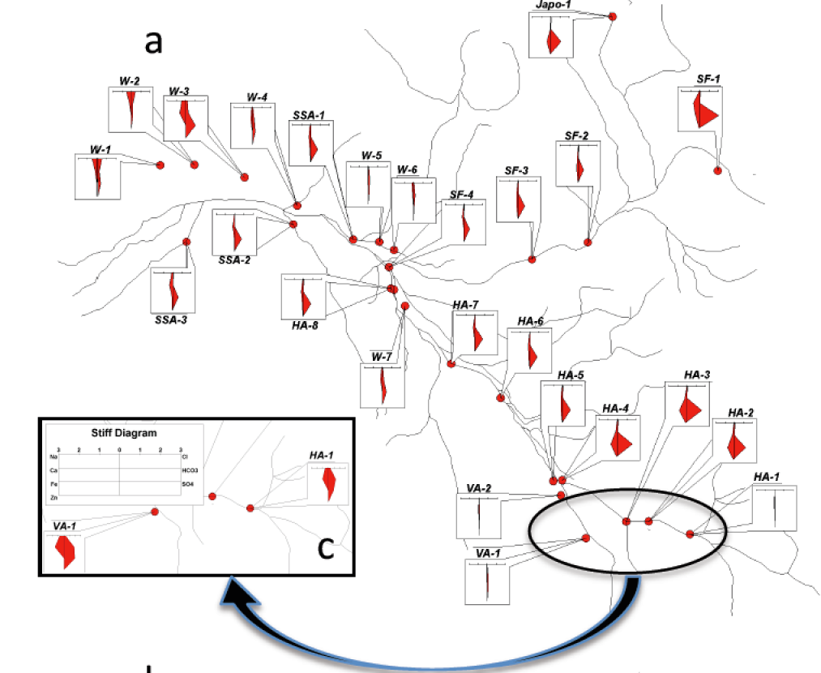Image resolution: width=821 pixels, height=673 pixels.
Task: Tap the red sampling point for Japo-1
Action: (x=613, y=16)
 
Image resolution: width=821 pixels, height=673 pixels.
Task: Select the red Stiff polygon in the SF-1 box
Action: (x=706, y=113)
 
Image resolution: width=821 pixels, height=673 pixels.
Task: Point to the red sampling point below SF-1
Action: (x=717, y=170)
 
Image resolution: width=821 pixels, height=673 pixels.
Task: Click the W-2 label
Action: (x=130, y=81)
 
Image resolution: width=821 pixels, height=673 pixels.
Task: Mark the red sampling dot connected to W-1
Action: (x=160, y=165)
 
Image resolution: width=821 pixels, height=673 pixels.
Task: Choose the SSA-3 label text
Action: (x=171, y=319)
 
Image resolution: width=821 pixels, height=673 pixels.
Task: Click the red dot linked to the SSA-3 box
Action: (x=186, y=242)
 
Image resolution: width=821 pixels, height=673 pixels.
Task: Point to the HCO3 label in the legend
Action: (x=188, y=470)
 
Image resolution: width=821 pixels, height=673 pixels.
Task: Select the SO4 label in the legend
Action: (x=186, y=483)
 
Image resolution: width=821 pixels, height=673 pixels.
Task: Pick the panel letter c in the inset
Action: (x=325, y=548)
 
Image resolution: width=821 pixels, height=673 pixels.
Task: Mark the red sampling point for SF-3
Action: (x=532, y=259)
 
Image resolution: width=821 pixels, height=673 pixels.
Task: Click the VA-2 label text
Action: (x=478, y=488)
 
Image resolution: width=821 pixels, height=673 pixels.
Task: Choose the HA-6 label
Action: (x=529, y=322)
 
